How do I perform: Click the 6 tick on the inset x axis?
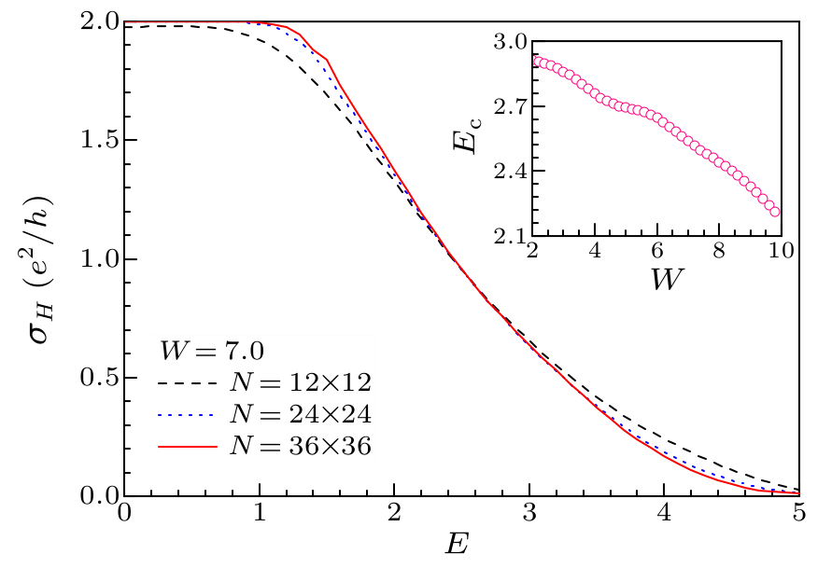point(656,253)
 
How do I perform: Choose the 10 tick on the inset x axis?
point(780,253)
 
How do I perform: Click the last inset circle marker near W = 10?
point(775,212)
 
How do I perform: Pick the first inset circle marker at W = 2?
point(533,60)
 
